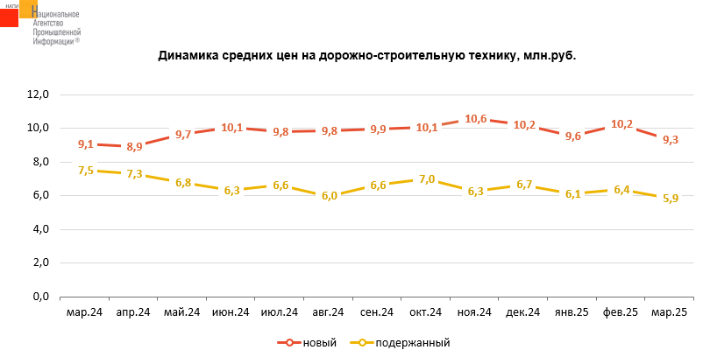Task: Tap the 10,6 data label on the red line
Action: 476,119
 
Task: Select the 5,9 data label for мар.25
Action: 670,199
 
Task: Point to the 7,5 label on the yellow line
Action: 86,171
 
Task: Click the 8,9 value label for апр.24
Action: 134,147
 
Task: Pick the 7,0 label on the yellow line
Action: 427,179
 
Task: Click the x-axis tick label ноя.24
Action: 475,312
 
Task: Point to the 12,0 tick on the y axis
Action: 39,94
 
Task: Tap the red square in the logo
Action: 10,15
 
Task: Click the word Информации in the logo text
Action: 55,40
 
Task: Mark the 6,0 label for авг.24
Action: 330,196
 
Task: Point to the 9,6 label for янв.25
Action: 573,136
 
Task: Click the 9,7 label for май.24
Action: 183,135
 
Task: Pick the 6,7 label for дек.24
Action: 524,185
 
